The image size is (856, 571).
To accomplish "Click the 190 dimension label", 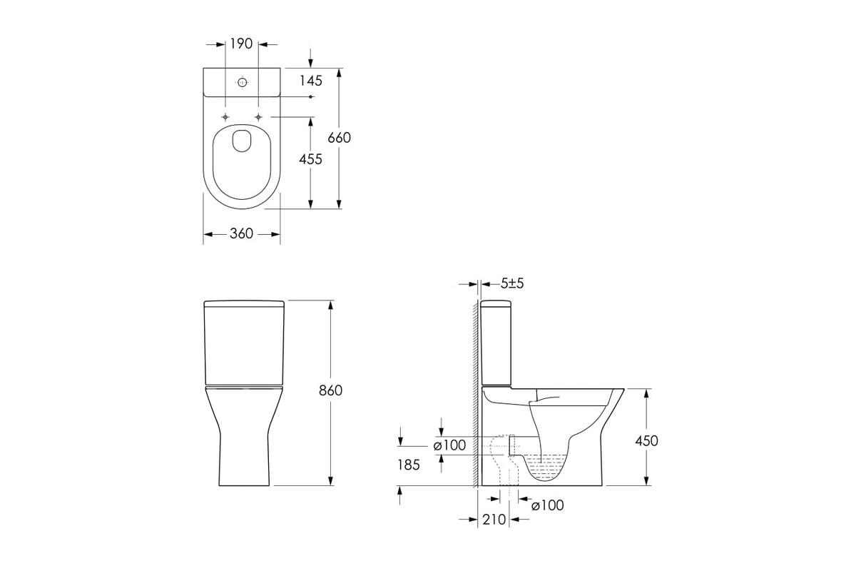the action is pos(241,44).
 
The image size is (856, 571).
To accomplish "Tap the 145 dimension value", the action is pos(311,81).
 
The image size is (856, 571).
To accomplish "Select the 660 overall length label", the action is pos(339,138).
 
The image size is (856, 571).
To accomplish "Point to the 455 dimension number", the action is pos(310,159).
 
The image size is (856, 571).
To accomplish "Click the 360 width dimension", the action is pos(242,233).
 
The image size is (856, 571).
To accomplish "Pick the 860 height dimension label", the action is pos(330,390).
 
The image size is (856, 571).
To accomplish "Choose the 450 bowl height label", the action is pos(646,441).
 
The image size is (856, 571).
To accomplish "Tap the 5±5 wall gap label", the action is pos(512,283).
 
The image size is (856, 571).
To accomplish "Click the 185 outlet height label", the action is pos(409,465).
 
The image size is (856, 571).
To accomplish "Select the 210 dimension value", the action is pos(494,520).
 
